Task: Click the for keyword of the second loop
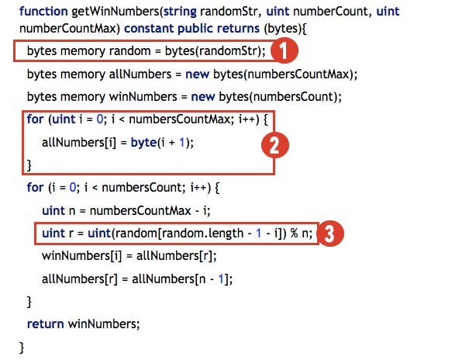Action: click(x=35, y=188)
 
